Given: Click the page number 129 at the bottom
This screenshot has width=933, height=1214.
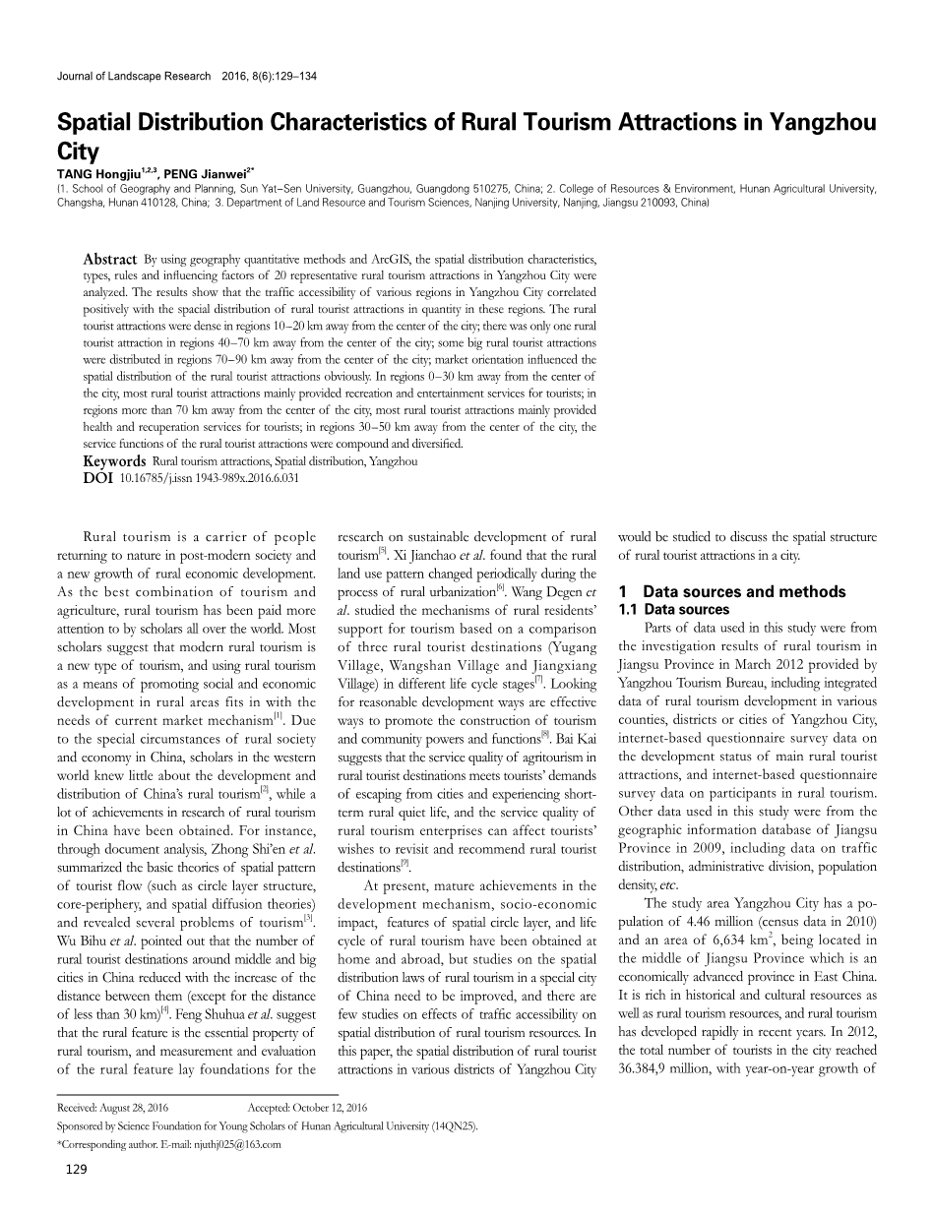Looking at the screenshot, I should click(x=76, y=1196).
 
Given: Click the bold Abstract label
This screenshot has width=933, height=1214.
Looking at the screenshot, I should click(x=109, y=259).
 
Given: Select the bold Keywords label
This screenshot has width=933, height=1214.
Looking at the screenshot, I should click(x=114, y=460).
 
